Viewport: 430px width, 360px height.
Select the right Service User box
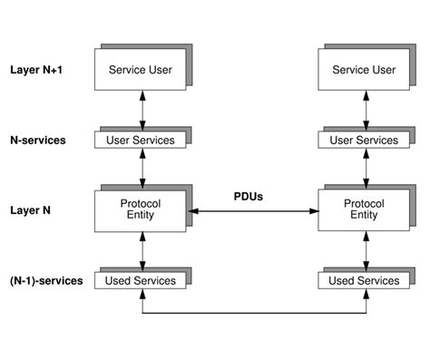tap(363, 70)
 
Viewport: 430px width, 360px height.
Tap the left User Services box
tap(142, 141)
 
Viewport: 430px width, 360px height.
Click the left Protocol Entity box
tap(140, 210)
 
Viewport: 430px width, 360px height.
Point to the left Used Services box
tap(142, 280)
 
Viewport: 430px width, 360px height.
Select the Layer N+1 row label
tap(37, 69)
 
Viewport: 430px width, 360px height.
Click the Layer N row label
tap(31, 210)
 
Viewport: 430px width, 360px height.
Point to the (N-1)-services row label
tap(46, 280)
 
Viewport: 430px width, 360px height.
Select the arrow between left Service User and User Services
tap(142, 110)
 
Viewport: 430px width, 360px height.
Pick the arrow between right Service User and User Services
tap(366, 110)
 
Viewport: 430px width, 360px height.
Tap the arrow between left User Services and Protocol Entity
tap(142, 169)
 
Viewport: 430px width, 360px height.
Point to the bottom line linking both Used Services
tap(254, 316)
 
